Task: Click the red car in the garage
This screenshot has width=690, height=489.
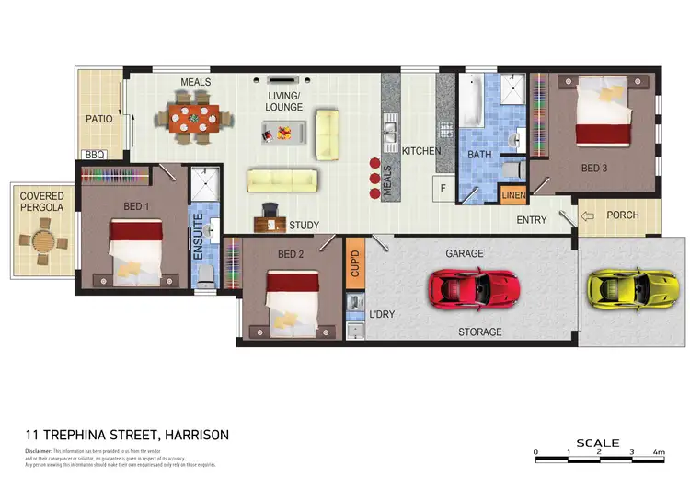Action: pos(473,287)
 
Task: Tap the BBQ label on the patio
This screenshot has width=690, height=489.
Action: pos(96,156)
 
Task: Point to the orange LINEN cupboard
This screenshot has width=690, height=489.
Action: pos(512,195)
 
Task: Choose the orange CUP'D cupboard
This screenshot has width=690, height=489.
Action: pos(354,261)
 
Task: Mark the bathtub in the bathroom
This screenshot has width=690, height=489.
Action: pos(471,103)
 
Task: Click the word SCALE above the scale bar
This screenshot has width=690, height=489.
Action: pos(598,443)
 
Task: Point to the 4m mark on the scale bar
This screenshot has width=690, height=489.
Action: pos(659,453)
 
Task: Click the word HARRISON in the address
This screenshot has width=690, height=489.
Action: pos(197,435)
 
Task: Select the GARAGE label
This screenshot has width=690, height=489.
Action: pos(465,253)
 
